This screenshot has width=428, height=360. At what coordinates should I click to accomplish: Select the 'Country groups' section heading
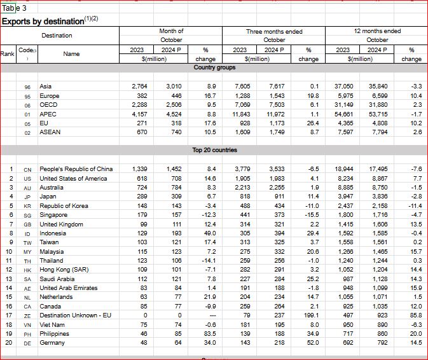pyautogui.click(x=214, y=67)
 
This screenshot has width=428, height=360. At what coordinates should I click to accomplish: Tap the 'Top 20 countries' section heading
pyautogui.click(x=214, y=150)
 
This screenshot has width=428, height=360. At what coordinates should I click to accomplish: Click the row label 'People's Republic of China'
pyautogui.click(x=76, y=169)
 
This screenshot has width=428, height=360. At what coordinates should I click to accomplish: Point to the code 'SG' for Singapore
pyautogui.click(x=27, y=215)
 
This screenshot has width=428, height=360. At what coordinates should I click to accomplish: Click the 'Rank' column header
pyautogui.click(x=8, y=54)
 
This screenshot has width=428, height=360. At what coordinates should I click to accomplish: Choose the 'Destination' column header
pyautogui.click(x=57, y=36)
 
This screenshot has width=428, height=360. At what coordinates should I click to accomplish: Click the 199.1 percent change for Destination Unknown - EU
pyautogui.click(x=308, y=315)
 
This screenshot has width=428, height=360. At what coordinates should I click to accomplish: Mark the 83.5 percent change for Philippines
pyautogui.click(x=209, y=334)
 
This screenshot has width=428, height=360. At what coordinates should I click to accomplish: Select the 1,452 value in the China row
pyautogui.click(x=174, y=169)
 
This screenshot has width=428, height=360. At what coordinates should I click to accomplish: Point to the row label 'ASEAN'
pyautogui.click(x=50, y=132)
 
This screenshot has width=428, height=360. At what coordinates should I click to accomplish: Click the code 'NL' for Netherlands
pyautogui.click(x=27, y=297)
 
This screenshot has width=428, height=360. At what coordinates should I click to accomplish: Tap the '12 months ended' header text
pyautogui.click(x=377, y=31)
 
